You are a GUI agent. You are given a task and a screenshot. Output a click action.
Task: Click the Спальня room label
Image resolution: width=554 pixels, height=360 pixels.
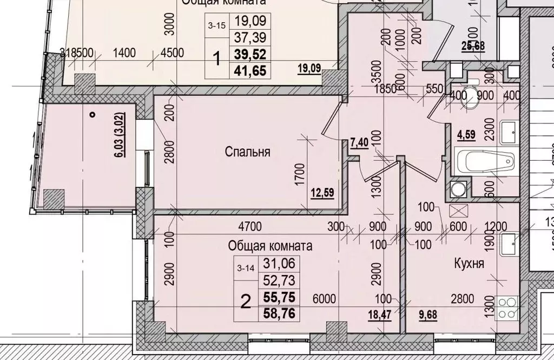(x=247, y=152)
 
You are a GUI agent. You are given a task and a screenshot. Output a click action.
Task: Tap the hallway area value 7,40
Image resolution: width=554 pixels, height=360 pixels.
(x=360, y=142)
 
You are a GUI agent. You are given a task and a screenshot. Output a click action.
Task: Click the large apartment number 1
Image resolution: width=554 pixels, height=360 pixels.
(x=217, y=58)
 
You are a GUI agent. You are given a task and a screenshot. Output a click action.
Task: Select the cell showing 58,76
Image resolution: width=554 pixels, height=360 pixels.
(x=279, y=312)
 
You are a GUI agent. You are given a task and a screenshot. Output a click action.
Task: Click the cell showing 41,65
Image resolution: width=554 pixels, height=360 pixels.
(x=249, y=70)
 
